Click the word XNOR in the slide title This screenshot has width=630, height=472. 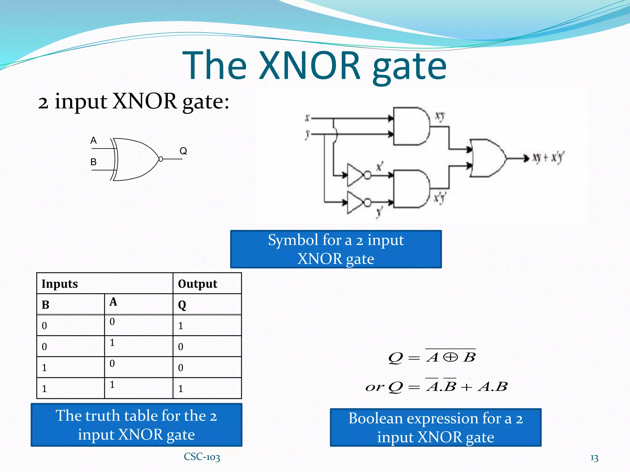click(309, 66)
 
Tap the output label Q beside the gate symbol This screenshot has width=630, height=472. click(183, 151)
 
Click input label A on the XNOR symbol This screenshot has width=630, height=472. click(94, 140)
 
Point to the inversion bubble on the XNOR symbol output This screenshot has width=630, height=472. click(161, 159)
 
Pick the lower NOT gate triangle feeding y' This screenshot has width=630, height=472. click(355, 202)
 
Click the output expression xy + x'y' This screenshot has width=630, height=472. click(548, 158)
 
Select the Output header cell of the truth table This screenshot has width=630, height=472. click(207, 284)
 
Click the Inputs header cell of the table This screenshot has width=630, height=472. click(105, 284)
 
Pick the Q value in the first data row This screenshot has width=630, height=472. click(181, 326)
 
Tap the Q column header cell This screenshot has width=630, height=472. click(207, 305)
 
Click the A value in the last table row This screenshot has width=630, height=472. click(112, 384)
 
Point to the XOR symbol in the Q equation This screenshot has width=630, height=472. click(451, 357)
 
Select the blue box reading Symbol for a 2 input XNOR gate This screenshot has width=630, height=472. click(336, 249)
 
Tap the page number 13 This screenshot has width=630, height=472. click(594, 458)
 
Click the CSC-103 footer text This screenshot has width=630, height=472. click(202, 457)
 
